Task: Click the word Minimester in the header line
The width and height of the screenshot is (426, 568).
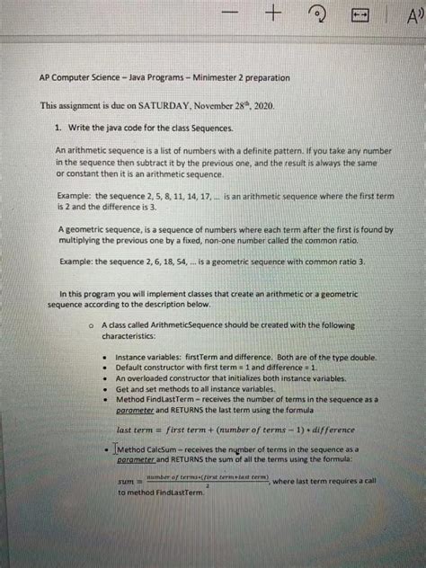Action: coord(225,79)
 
